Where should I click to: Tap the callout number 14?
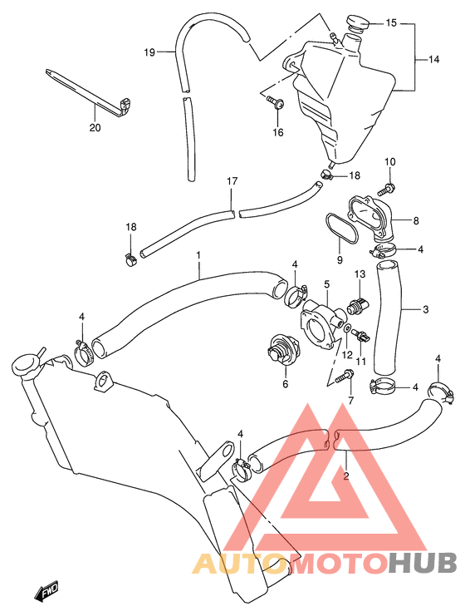pyautogui.click(x=433, y=60)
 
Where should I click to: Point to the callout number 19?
pyautogui.click(x=149, y=52)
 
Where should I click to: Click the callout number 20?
pyautogui.click(x=95, y=128)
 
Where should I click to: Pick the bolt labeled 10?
pyautogui.click(x=386, y=189)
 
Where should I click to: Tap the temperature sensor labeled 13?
pyautogui.click(x=358, y=306)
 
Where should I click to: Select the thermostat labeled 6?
pyautogui.click(x=282, y=348)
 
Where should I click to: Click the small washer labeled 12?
pyautogui.click(x=347, y=328)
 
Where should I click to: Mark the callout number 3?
pyautogui.click(x=425, y=309)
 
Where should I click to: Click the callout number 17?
pyautogui.click(x=232, y=181)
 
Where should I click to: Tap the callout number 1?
pyautogui.click(x=198, y=255)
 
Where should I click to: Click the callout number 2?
pyautogui.click(x=345, y=476)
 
